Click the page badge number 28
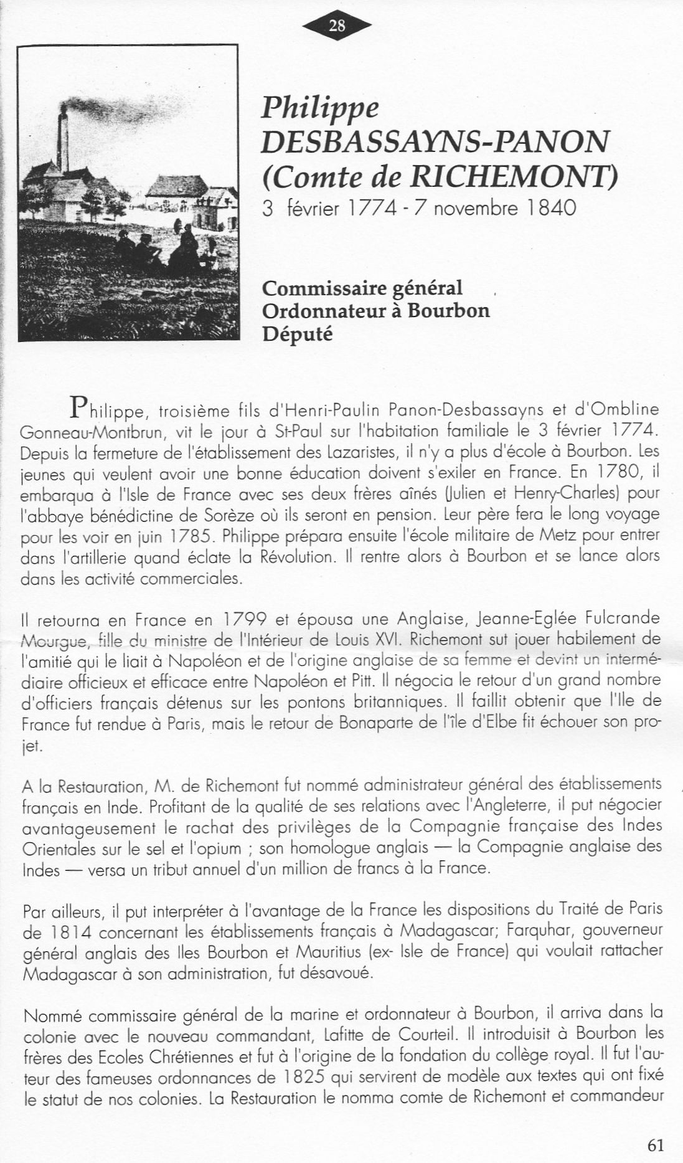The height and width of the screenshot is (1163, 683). click(337, 26)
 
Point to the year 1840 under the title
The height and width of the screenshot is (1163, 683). click(550, 207)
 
